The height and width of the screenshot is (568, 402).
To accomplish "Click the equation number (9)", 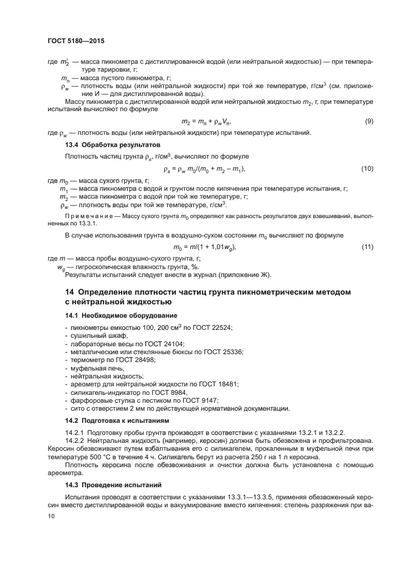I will click(369, 122).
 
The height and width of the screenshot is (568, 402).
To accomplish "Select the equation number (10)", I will click(367, 168).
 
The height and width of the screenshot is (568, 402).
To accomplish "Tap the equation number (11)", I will click(367, 247).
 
